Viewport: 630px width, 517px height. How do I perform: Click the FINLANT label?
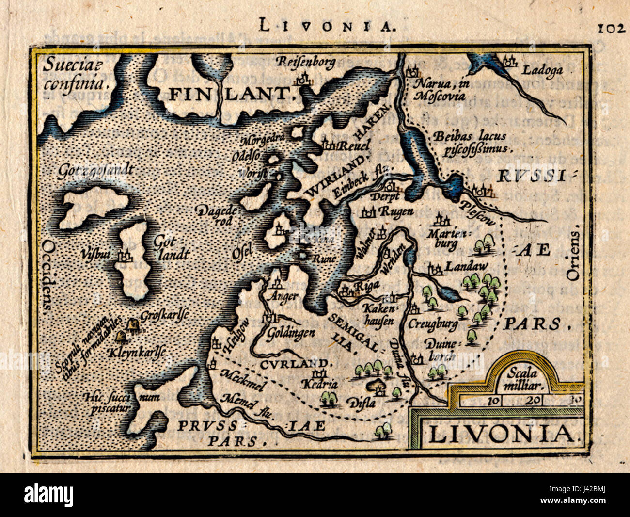(x=232, y=93)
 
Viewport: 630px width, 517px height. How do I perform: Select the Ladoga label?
(x=542, y=70)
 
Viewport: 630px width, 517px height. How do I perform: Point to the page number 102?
(x=611, y=29)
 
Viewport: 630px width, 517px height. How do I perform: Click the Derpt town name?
(x=385, y=196)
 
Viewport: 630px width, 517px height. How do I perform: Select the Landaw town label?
(x=466, y=266)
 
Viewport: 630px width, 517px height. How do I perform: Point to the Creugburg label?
(x=433, y=323)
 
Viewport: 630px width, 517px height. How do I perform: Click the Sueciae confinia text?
(x=74, y=74)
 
